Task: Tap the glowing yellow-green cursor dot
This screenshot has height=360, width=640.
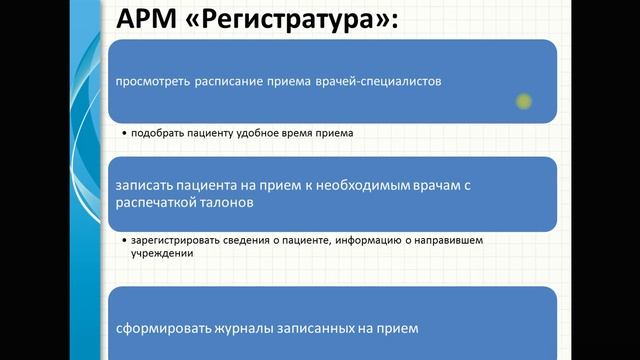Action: (x=522, y=100)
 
